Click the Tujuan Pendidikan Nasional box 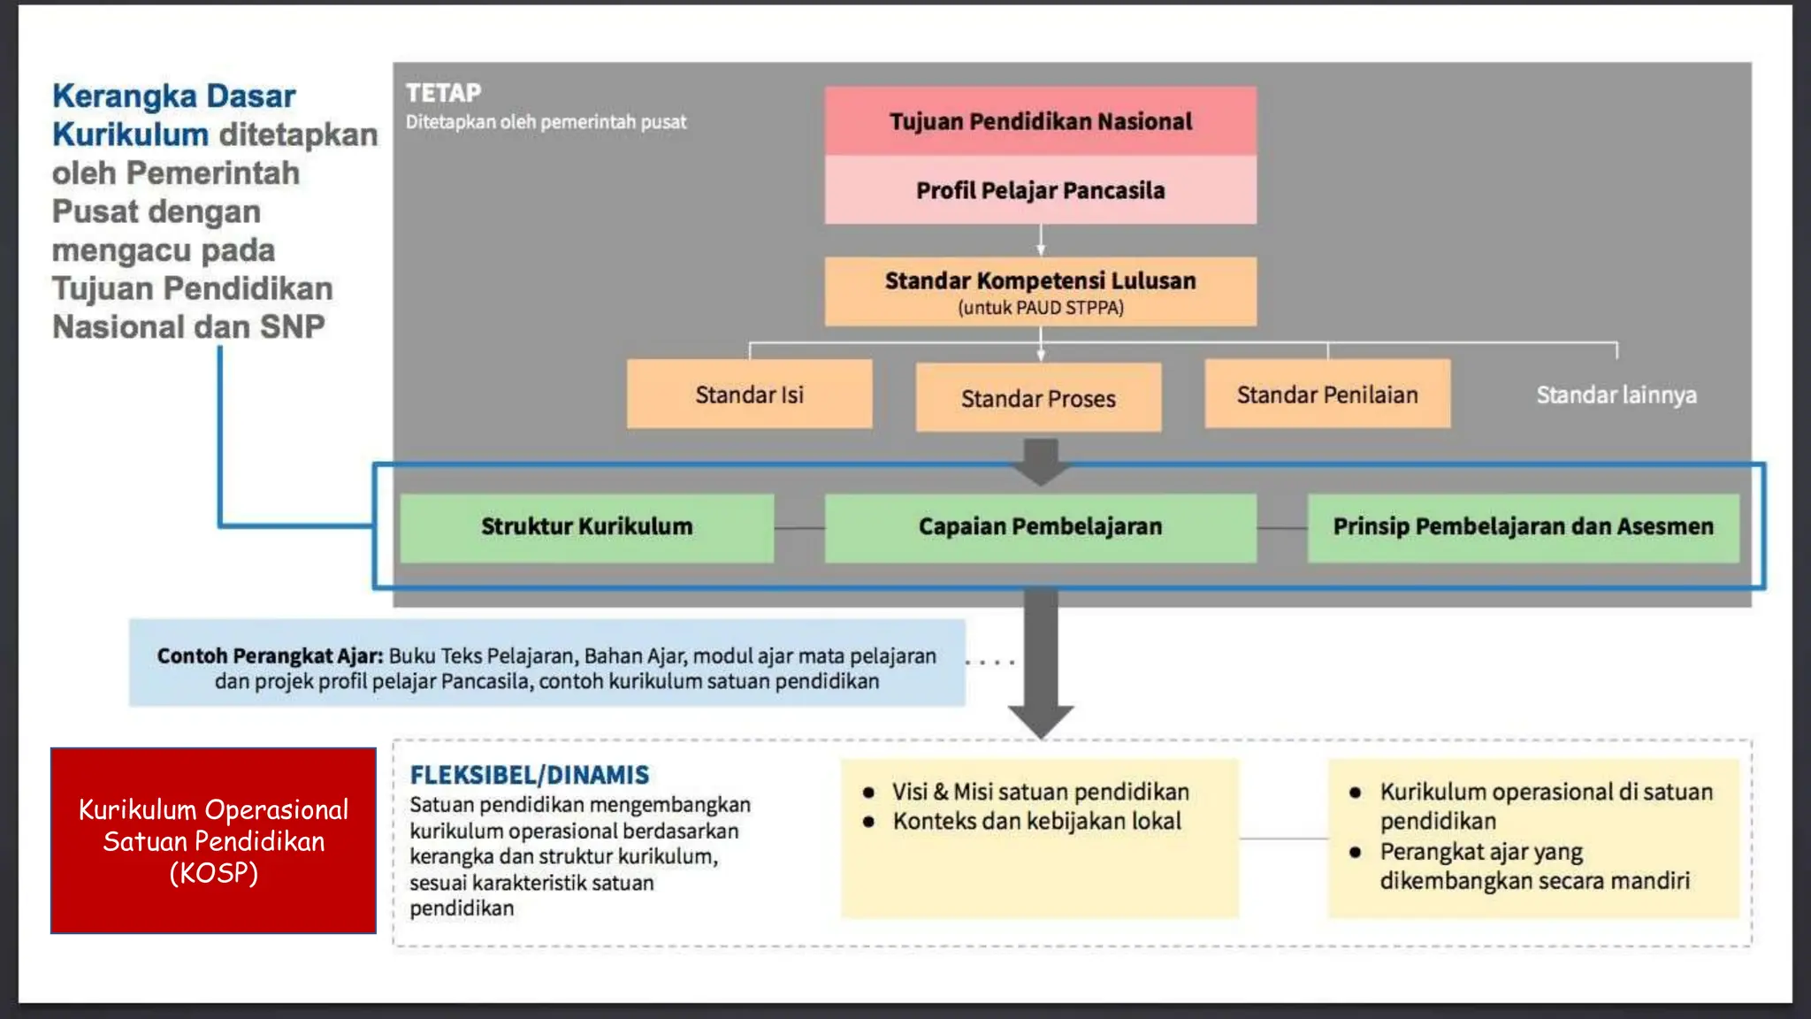point(1040,121)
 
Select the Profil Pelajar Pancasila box point(1040,190)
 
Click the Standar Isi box point(749,395)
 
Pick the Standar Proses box point(1038,398)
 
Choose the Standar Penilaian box point(1326,395)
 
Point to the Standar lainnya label point(1616,395)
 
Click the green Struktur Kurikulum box point(586,527)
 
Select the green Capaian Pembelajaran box point(1040,527)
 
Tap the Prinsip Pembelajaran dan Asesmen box point(1523,527)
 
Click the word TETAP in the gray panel point(443,93)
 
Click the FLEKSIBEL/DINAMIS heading point(529,775)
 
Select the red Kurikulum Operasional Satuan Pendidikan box point(213,840)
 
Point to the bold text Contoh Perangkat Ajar point(270,656)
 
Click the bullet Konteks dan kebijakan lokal point(1036,822)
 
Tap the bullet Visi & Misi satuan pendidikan point(1040,792)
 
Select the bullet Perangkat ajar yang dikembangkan point(1533,866)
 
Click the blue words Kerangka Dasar point(173,96)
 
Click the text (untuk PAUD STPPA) point(1040,308)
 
